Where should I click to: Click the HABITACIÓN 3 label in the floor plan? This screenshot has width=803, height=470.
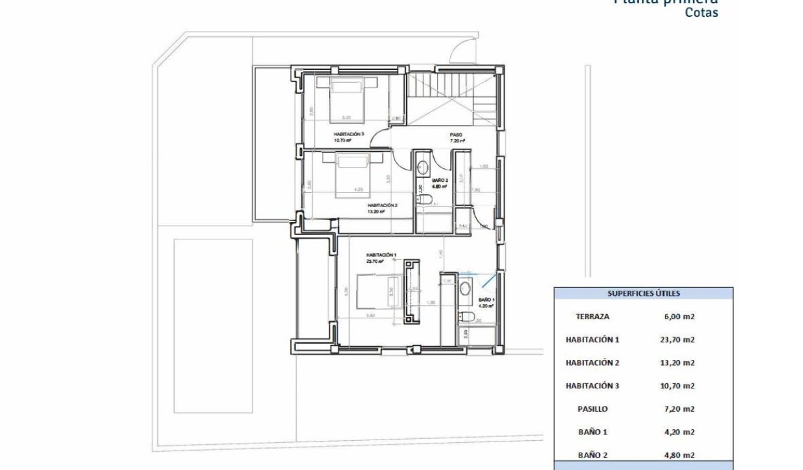349,134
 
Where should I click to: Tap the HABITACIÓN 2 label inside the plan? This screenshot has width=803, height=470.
382,205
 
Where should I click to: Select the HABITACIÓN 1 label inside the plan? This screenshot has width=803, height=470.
381,255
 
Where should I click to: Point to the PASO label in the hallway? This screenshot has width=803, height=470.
456,135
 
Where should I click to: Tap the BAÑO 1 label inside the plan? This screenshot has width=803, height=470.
486,300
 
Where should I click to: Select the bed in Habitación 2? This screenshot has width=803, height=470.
353,175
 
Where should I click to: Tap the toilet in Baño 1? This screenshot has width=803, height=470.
464,316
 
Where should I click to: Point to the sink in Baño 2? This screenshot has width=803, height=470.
424,164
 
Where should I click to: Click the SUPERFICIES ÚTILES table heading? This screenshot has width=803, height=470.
643,293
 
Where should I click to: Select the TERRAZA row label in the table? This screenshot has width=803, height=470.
592,317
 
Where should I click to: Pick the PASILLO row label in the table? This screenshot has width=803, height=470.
592,409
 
